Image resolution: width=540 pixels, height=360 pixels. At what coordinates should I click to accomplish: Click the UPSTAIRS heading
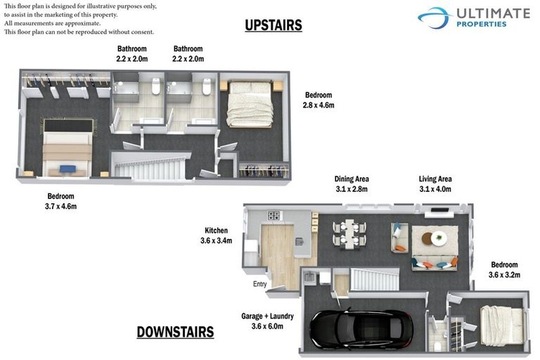click(274, 25)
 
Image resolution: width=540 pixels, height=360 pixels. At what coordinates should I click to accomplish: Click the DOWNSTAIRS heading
click(175, 331)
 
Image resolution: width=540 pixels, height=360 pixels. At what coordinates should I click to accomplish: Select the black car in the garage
click(356, 328)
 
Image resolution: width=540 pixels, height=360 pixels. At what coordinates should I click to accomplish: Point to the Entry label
click(260, 284)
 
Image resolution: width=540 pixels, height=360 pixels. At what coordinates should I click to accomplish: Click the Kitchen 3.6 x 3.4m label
click(216, 236)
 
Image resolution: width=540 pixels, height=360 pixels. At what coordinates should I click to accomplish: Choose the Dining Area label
click(352, 184)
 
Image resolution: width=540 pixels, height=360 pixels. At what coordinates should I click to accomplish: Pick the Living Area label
click(435, 184)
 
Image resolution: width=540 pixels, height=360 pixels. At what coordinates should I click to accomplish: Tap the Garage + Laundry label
click(267, 321)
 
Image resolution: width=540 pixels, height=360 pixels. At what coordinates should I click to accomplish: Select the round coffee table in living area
click(439, 238)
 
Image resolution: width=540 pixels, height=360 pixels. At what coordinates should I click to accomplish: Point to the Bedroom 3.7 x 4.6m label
click(60, 201)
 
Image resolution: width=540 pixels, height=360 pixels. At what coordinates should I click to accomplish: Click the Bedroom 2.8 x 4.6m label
click(319, 100)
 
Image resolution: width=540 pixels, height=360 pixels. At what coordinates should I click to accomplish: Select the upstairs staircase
click(150, 168)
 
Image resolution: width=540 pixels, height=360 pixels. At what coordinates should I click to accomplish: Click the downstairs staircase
click(375, 279)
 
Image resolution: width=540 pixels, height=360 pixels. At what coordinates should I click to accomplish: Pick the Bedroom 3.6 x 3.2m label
click(503, 269)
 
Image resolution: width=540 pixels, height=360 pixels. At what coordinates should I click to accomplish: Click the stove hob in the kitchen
click(274, 215)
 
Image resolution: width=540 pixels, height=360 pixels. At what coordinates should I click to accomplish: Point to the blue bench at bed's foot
click(67, 168)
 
